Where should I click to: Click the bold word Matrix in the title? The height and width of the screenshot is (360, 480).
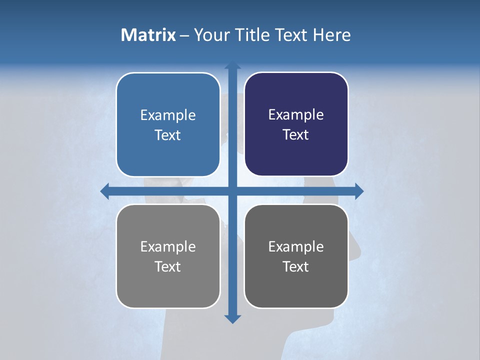point(148,35)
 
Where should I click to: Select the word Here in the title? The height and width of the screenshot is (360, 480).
point(332,35)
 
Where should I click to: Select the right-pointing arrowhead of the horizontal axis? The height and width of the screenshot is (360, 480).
point(359,191)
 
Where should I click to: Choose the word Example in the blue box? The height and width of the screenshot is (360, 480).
point(168,115)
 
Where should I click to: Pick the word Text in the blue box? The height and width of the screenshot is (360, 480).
point(168,135)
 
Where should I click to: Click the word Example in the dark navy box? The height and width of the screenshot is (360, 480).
point(296,115)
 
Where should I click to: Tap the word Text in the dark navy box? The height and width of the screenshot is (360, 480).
point(296,135)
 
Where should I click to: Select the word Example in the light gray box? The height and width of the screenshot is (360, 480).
point(168,247)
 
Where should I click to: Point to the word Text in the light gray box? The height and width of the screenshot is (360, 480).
point(168,267)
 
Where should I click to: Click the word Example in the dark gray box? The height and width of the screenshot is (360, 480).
point(296,247)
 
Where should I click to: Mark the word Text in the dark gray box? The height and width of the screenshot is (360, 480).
point(296,267)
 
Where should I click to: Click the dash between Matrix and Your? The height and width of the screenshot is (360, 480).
point(184,35)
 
